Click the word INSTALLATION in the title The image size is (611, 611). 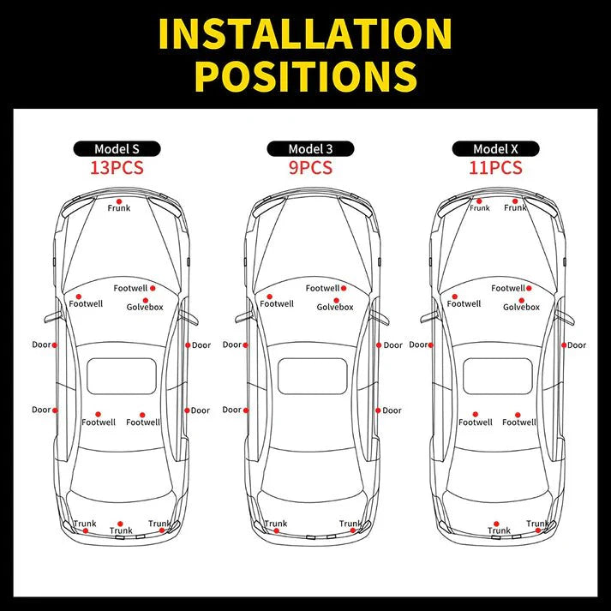click(x=305, y=33)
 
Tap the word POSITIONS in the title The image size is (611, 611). click(x=305, y=75)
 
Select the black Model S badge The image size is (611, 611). click(x=117, y=149)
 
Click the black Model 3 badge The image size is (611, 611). click(x=310, y=149)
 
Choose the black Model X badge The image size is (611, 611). click(x=496, y=149)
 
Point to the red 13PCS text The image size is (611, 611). click(x=117, y=167)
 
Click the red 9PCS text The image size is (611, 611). click(x=310, y=167)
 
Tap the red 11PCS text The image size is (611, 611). click(x=496, y=167)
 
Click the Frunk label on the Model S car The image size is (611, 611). click(x=119, y=208)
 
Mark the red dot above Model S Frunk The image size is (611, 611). click(x=119, y=200)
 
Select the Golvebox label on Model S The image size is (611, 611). click(x=145, y=307)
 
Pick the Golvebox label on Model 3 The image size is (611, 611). click(x=335, y=307)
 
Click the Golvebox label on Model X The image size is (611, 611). click(x=521, y=307)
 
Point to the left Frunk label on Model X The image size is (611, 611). click(x=479, y=208)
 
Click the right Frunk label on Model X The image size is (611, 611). click(x=515, y=208)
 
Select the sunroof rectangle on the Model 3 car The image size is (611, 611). click(x=312, y=375)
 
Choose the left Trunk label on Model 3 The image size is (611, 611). click(x=276, y=524)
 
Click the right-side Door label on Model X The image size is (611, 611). click(x=577, y=345)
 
